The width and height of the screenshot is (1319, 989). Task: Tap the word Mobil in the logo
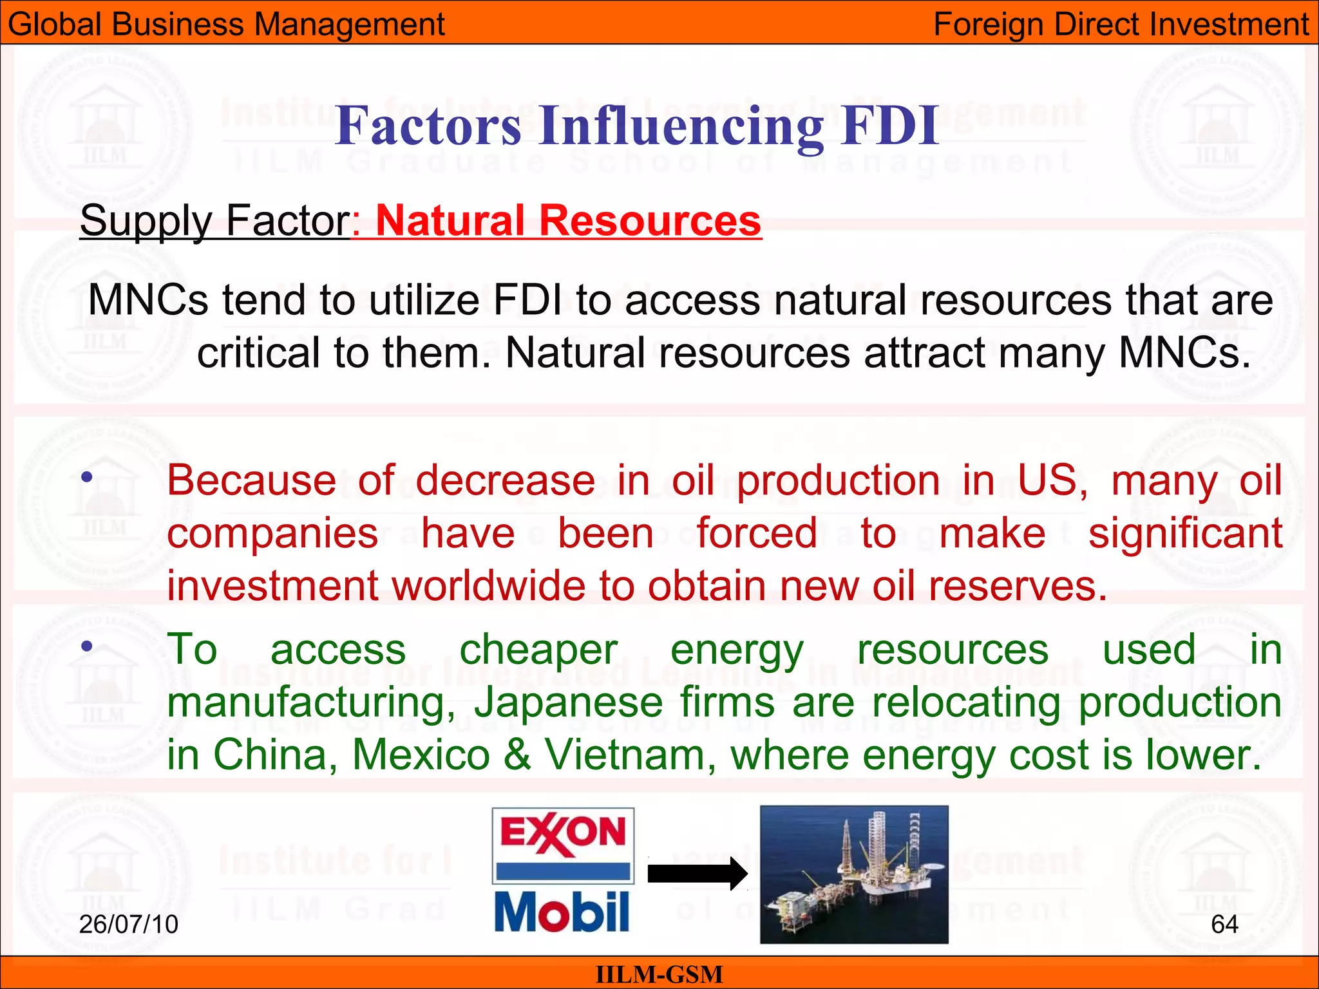pyautogui.click(x=562, y=912)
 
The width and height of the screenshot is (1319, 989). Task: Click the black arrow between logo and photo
pyautogui.click(x=697, y=874)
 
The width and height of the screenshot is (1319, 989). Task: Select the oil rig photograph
pyautogui.click(x=854, y=874)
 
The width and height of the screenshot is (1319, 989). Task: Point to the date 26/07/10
pyautogui.click(x=128, y=925)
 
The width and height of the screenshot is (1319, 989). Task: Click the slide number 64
pyautogui.click(x=1224, y=925)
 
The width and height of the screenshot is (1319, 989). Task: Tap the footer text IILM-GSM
pyautogui.click(x=659, y=974)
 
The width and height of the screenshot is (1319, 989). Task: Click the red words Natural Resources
pyautogui.click(x=568, y=221)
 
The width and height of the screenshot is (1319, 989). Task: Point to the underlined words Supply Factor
pyautogui.click(x=214, y=221)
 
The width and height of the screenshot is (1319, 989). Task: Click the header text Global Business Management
pyautogui.click(x=226, y=24)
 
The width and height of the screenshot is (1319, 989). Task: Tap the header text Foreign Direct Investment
pyautogui.click(x=1121, y=24)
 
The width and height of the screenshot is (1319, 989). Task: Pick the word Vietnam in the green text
pyautogui.click(x=625, y=755)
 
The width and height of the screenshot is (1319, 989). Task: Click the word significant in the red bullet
pyautogui.click(x=1185, y=534)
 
